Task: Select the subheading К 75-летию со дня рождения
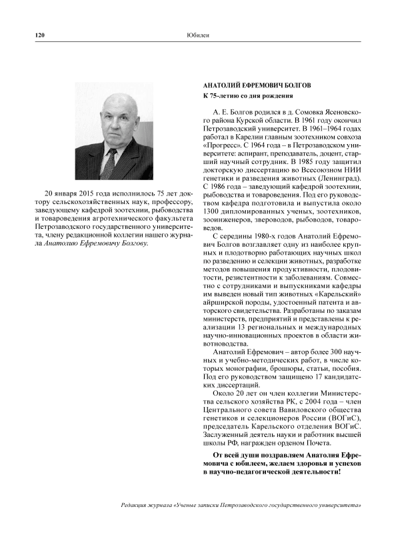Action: point(248,97)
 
